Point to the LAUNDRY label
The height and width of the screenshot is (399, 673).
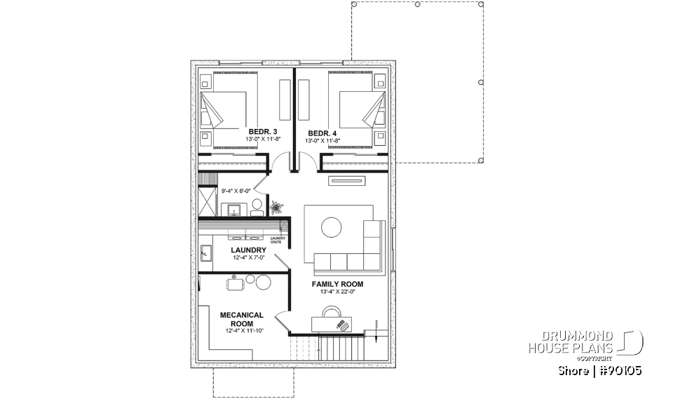tap(248, 250)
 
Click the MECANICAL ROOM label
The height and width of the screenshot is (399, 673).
tap(241, 319)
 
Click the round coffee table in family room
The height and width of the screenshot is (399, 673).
tap(332, 227)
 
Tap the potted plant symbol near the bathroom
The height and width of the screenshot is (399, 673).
tap(276, 207)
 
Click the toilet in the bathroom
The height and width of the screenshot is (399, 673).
tap(257, 205)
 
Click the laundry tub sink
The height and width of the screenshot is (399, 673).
tap(206, 252)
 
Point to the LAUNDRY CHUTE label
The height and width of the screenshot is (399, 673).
tap(278, 241)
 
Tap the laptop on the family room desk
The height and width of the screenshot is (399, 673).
tap(341, 325)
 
